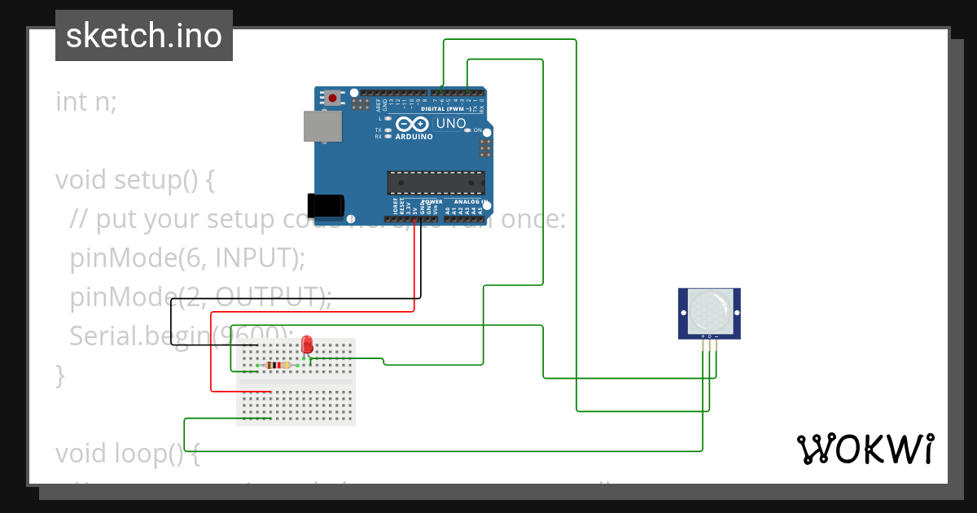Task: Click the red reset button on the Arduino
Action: pos(332,98)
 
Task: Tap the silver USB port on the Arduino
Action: pos(322,126)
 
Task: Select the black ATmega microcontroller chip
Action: pos(436,183)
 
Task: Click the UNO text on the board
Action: pos(451,124)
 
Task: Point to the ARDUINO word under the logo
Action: pos(414,137)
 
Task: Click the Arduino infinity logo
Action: pos(414,125)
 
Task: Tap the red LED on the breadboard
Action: pos(307,344)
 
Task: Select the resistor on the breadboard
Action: pos(278,365)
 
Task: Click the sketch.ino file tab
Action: pos(144,36)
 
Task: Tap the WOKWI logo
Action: pos(865,449)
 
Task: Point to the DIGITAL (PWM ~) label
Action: pos(446,108)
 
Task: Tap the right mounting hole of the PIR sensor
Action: pos(735,313)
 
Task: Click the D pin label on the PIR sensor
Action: pos(709,335)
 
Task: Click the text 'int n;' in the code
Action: pos(86,102)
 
